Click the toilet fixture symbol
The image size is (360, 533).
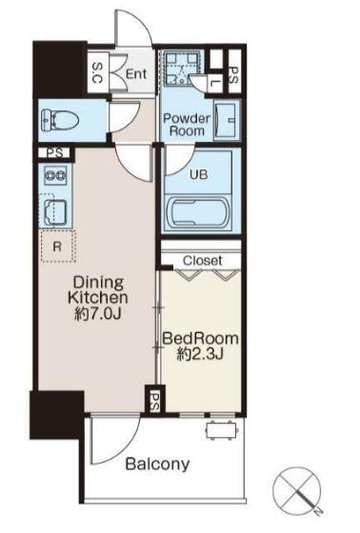tap(60, 120)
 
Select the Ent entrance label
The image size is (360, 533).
tap(136, 74)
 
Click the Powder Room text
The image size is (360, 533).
tap(187, 125)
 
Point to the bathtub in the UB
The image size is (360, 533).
tap(200, 212)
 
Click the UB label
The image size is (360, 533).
tap(199, 175)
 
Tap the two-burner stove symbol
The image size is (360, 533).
tap(55, 176)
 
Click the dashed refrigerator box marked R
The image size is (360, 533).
tap(58, 247)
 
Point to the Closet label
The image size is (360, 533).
tap(203, 261)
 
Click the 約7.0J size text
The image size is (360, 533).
tap(98, 313)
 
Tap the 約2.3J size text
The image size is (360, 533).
tap(200, 354)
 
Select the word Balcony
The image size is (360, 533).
tap(157, 464)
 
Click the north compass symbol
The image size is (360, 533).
tap(298, 488)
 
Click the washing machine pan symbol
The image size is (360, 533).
tap(182, 69)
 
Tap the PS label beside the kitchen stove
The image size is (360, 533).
tap(55, 153)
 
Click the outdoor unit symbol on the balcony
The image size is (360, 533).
tap(221, 429)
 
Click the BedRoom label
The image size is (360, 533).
tap(200, 339)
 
